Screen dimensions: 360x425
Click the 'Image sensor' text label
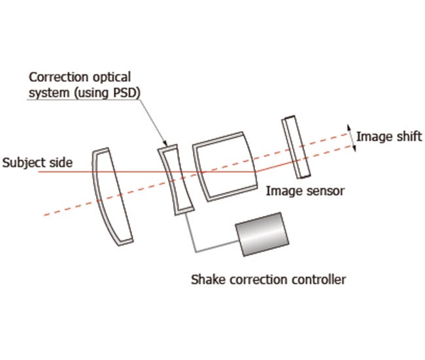(x=305, y=191)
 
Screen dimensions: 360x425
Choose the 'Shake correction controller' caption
(x=268, y=280)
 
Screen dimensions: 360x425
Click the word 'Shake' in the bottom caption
(x=205, y=280)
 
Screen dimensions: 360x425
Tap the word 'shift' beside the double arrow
(x=409, y=137)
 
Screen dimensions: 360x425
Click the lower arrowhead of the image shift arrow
(x=354, y=150)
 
